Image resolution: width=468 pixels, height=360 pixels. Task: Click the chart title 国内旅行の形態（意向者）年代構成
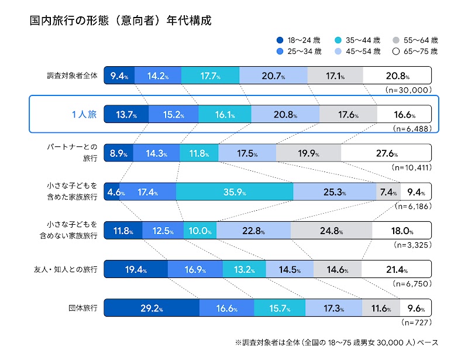pos(120,20)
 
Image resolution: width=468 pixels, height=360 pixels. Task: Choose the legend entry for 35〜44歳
pos(357,40)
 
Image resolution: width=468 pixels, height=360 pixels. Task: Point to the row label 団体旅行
pos(82,307)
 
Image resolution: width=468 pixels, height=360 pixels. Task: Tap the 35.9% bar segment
pos(234,191)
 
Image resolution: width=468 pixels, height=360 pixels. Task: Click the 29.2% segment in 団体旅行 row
pos(152,307)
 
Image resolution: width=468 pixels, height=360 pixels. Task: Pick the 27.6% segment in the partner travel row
pos(386,153)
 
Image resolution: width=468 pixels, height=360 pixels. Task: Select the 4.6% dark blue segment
pos(112,191)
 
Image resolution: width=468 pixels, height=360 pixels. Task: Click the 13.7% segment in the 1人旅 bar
pos(126,114)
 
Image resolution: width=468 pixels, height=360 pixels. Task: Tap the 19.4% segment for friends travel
pos(136,269)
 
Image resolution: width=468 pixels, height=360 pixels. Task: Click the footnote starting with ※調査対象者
pos(336,342)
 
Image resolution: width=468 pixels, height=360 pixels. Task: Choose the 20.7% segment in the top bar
pos(273,76)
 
